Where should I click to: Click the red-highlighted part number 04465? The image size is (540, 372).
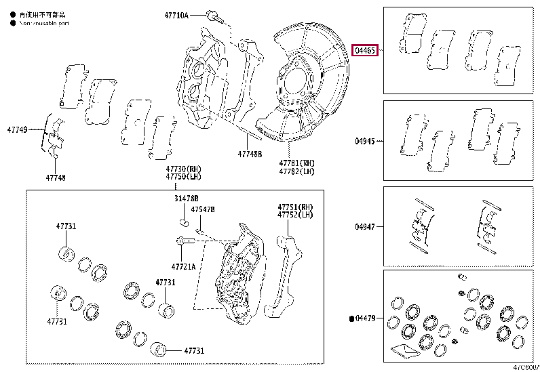(x=365, y=50)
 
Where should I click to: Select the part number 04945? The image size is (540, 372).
(x=364, y=142)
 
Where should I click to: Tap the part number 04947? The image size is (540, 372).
(x=364, y=228)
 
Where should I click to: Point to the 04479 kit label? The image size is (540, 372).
(x=366, y=318)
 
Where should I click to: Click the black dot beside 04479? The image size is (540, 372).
(x=351, y=318)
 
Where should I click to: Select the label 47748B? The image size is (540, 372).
(x=249, y=154)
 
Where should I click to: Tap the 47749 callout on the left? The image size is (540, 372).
(x=18, y=129)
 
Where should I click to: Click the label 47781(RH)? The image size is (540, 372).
(x=296, y=163)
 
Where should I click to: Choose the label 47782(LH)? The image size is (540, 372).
(x=296, y=172)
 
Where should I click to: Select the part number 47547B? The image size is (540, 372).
(x=202, y=210)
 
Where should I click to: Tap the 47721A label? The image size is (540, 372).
(x=183, y=266)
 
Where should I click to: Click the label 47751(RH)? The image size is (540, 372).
(x=294, y=207)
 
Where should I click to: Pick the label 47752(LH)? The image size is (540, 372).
(x=294, y=215)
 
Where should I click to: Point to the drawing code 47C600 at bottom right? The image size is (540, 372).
(x=525, y=367)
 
